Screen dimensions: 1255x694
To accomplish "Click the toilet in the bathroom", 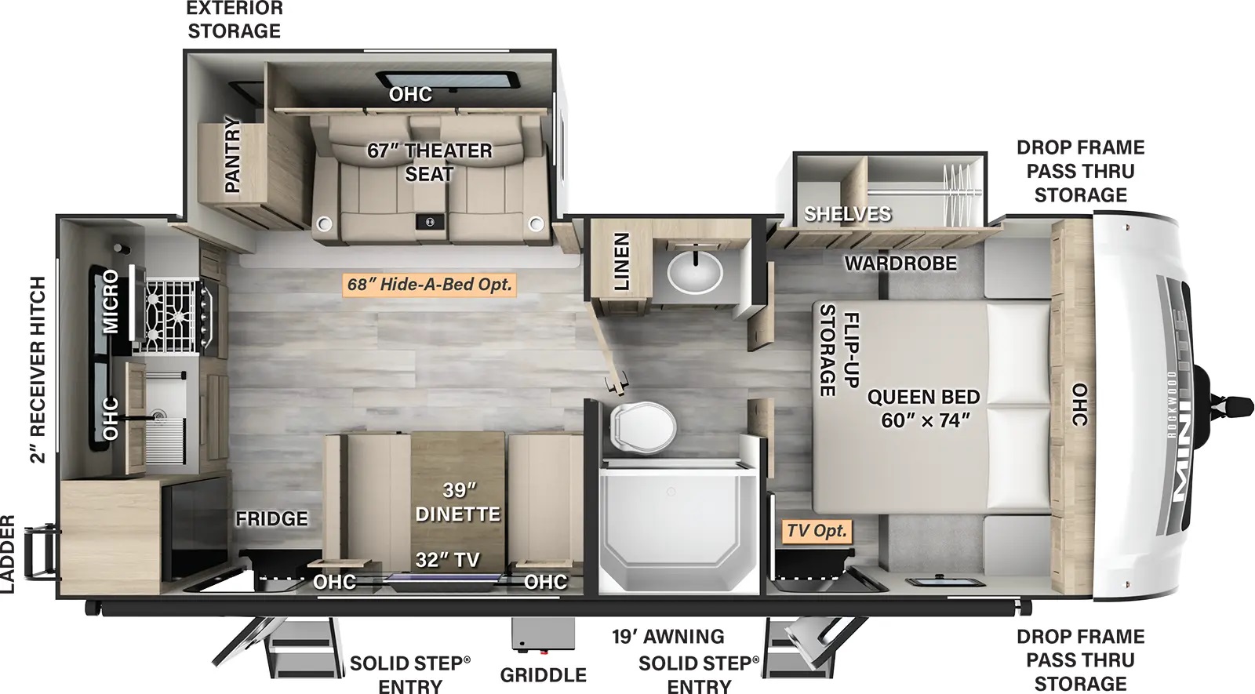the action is [x=642, y=426].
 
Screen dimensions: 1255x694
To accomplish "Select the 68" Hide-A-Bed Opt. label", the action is [x=430, y=285].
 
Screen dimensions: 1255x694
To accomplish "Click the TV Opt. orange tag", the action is [x=817, y=530].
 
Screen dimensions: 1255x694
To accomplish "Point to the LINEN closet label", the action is [x=621, y=262].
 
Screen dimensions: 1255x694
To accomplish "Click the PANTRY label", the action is [x=231, y=154].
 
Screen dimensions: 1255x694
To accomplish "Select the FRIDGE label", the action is [x=271, y=518].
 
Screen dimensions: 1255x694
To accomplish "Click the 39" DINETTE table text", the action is [x=458, y=502].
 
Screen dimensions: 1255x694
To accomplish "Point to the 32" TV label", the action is [x=448, y=560].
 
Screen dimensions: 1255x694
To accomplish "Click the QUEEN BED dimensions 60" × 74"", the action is [x=925, y=420].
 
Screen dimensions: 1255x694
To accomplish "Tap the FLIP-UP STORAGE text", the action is [x=839, y=350].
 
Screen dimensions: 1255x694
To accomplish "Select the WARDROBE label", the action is [x=901, y=263].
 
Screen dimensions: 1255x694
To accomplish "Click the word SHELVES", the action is [x=848, y=213].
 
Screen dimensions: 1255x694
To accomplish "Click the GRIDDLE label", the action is [x=544, y=675].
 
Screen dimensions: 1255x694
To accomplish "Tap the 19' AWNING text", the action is [x=668, y=636].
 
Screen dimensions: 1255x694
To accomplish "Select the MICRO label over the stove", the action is [x=111, y=301].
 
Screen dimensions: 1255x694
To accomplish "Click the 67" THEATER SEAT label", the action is [x=430, y=162].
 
